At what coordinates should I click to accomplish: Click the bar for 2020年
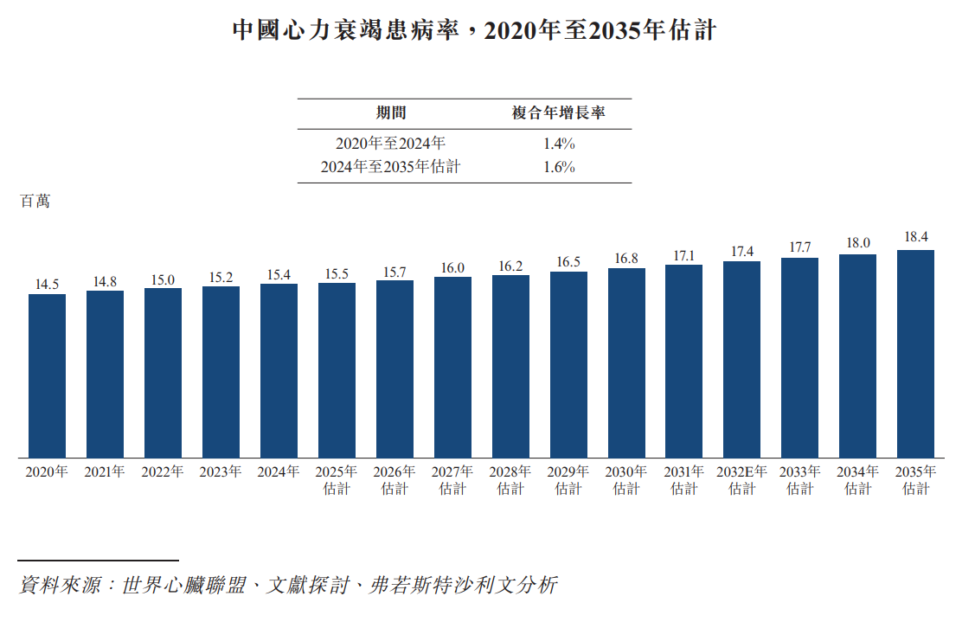tap(48, 376)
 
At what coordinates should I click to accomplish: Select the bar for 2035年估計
tap(915, 355)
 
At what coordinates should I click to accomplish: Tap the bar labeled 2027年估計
tap(452, 368)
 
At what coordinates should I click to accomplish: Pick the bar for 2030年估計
tap(626, 363)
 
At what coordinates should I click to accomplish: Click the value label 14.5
tap(48, 285)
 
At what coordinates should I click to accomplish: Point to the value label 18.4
tap(916, 237)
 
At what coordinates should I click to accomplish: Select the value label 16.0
tap(452, 267)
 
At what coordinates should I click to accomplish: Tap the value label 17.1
tap(684, 256)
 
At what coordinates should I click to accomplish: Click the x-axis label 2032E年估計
tap(741, 480)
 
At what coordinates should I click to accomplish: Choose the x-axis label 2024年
tap(279, 472)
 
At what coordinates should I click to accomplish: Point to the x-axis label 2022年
tap(163, 472)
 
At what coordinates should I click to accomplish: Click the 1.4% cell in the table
tap(559, 144)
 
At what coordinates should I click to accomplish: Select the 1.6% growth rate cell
tap(559, 167)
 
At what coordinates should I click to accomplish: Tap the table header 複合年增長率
tap(558, 112)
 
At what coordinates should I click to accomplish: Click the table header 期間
tap(391, 112)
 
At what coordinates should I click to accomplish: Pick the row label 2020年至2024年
tap(390, 144)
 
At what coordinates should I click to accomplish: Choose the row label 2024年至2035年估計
tap(390, 167)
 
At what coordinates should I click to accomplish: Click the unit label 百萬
tap(35, 201)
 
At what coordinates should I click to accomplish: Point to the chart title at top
tap(474, 30)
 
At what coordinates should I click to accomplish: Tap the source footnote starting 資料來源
tap(288, 585)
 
